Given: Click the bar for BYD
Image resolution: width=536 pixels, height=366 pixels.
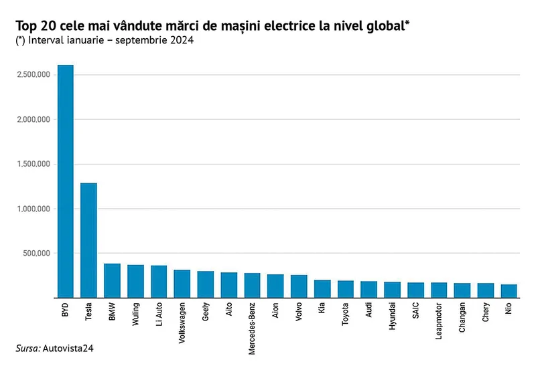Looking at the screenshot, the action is pyautogui.click(x=65, y=181).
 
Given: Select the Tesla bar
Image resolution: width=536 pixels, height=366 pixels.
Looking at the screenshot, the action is pyautogui.click(x=88, y=240).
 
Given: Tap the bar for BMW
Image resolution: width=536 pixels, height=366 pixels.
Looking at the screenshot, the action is pyautogui.click(x=112, y=280).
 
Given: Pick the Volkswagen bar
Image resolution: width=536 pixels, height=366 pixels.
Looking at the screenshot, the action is pyautogui.click(x=182, y=284).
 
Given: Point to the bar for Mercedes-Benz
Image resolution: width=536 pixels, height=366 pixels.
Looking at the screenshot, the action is pyautogui.click(x=253, y=286).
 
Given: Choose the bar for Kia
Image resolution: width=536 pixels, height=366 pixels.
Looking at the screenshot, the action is pyautogui.click(x=322, y=289).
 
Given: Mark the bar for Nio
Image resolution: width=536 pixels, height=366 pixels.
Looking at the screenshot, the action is pyautogui.click(x=509, y=291).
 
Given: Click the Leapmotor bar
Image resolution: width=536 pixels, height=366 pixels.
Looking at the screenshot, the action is pyautogui.click(x=439, y=290).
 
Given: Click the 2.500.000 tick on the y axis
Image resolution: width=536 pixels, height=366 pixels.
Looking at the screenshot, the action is pyautogui.click(x=33, y=74).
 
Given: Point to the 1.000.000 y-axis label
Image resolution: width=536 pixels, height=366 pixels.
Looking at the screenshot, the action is pyautogui.click(x=33, y=209).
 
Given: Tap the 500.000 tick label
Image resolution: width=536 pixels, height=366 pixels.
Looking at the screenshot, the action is pyautogui.click(x=37, y=254).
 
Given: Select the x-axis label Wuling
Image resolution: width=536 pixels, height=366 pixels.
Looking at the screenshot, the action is pyautogui.click(x=136, y=314).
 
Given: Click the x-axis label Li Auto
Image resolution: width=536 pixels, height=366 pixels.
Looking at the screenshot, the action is pyautogui.click(x=159, y=314).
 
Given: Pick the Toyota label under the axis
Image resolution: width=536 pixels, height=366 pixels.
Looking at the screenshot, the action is pyautogui.click(x=345, y=314).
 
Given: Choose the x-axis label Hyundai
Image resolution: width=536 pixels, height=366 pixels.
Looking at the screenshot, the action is pyautogui.click(x=392, y=316).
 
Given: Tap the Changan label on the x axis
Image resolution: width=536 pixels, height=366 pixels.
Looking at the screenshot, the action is pyautogui.click(x=462, y=318).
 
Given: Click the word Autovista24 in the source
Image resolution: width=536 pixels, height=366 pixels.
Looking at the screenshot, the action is pyautogui.click(x=68, y=349).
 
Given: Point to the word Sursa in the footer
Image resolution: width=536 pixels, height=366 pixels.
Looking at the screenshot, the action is pyautogui.click(x=28, y=349).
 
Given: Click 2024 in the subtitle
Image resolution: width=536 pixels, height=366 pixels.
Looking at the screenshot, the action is pyautogui.click(x=182, y=40).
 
